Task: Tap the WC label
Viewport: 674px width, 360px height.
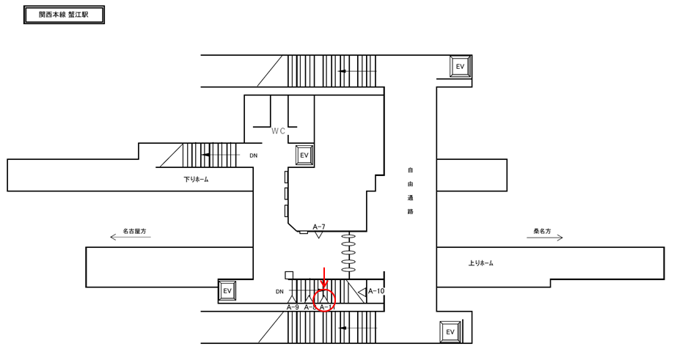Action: (x=278, y=131)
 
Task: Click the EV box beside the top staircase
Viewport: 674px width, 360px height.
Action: (x=461, y=67)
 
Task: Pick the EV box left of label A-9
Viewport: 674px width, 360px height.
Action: (x=227, y=291)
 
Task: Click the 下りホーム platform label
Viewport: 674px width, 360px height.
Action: (x=196, y=179)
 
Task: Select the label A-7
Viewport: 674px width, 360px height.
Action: (x=319, y=227)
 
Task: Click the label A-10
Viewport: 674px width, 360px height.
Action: (x=376, y=291)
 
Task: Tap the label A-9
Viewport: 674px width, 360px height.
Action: (x=292, y=307)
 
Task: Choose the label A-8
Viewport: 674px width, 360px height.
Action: (x=309, y=307)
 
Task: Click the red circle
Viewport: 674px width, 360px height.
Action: (x=324, y=299)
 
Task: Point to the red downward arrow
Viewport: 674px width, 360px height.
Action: (x=324, y=279)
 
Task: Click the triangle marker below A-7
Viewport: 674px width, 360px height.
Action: (x=319, y=234)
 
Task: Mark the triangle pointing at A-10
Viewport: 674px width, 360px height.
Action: (x=362, y=292)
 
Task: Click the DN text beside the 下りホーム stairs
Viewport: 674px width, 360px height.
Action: (x=254, y=155)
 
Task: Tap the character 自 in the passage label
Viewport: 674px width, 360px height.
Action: (x=411, y=170)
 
